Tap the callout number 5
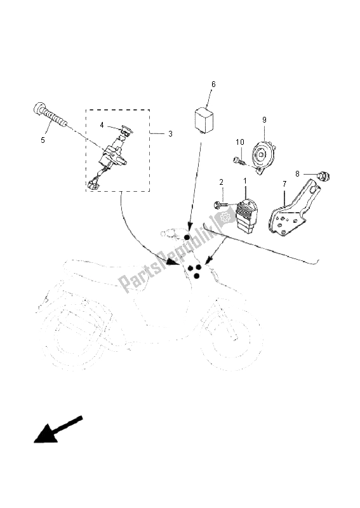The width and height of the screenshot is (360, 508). [43, 140]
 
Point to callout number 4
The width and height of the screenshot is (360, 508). [102, 125]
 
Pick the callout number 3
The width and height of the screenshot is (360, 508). [171, 134]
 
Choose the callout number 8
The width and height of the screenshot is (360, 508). [298, 173]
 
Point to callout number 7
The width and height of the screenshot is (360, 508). [284, 184]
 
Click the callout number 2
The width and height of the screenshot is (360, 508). [222, 182]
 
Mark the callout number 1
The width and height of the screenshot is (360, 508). [244, 182]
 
